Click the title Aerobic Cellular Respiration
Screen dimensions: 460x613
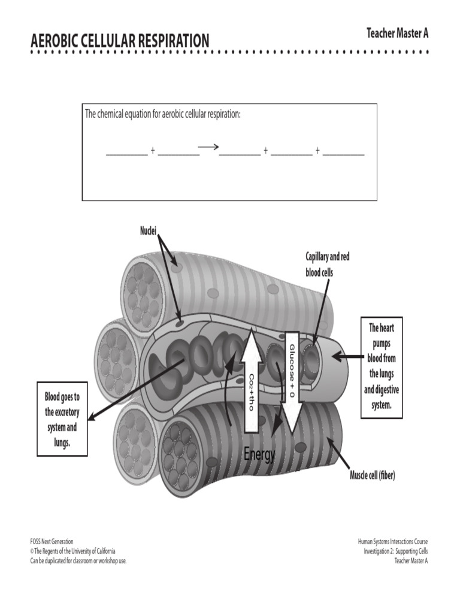click(x=120, y=41)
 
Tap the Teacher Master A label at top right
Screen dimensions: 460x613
click(x=398, y=34)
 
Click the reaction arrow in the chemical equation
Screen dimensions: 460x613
click(x=208, y=147)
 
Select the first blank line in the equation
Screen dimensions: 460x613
click(x=127, y=155)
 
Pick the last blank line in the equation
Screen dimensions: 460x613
click(x=343, y=155)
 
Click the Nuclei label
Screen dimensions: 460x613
click(x=149, y=231)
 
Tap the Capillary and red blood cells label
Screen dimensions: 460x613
click(x=328, y=265)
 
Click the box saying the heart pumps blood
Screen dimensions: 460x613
click(x=382, y=368)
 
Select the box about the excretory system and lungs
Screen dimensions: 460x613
click(x=62, y=419)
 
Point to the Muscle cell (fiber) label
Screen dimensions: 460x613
click(x=373, y=475)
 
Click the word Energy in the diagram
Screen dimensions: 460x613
click(x=259, y=454)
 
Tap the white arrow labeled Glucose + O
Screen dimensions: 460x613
click(x=292, y=383)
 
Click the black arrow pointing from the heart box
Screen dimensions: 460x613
click(x=347, y=357)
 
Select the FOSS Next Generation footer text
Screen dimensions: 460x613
click(x=52, y=541)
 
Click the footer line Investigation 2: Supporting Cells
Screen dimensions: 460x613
click(x=396, y=551)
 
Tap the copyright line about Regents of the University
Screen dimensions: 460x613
click(x=72, y=551)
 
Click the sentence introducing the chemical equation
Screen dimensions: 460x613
click(x=163, y=114)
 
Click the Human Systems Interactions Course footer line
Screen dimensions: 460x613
click(x=393, y=541)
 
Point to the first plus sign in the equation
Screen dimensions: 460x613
click(x=153, y=150)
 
